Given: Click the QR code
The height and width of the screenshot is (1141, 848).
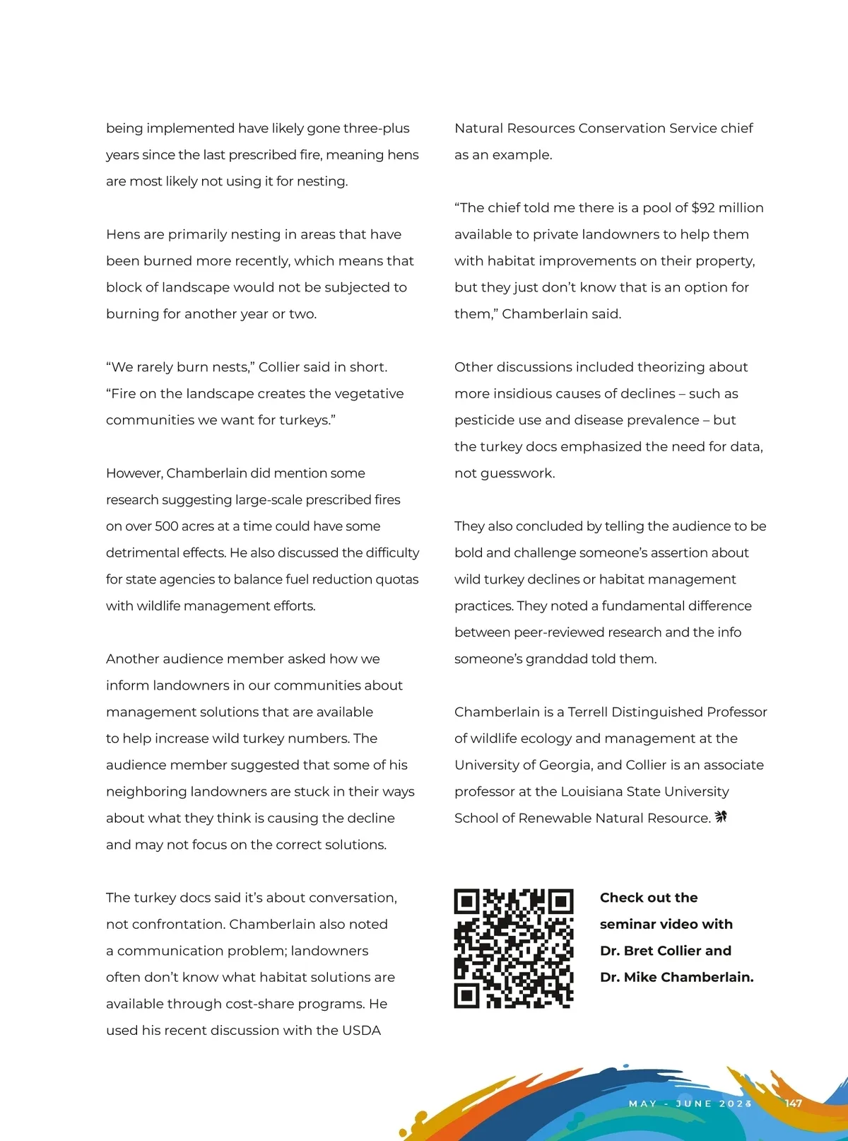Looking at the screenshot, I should click(x=513, y=948).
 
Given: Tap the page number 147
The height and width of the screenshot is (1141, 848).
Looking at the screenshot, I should click(x=793, y=1103).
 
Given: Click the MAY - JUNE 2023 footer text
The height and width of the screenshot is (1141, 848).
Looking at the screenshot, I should click(x=690, y=1104).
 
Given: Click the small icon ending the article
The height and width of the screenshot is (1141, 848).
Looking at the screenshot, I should click(x=721, y=817).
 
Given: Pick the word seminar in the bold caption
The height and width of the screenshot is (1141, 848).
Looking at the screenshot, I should click(x=628, y=924).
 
